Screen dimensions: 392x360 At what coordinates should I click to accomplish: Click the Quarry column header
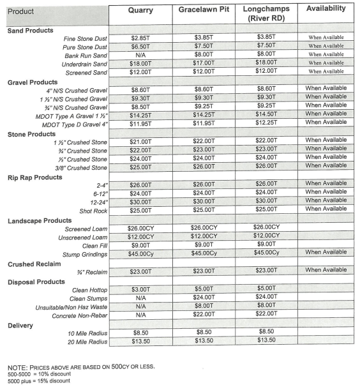[140, 10]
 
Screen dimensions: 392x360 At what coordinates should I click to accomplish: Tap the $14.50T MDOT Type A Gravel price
[267, 114]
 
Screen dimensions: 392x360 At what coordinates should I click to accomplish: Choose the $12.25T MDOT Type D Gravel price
[267, 122]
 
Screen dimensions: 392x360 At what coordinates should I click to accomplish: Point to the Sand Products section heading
[31, 30]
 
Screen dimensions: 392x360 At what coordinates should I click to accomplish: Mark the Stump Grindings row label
[83, 253]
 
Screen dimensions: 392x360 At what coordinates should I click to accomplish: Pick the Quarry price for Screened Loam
[140, 228]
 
